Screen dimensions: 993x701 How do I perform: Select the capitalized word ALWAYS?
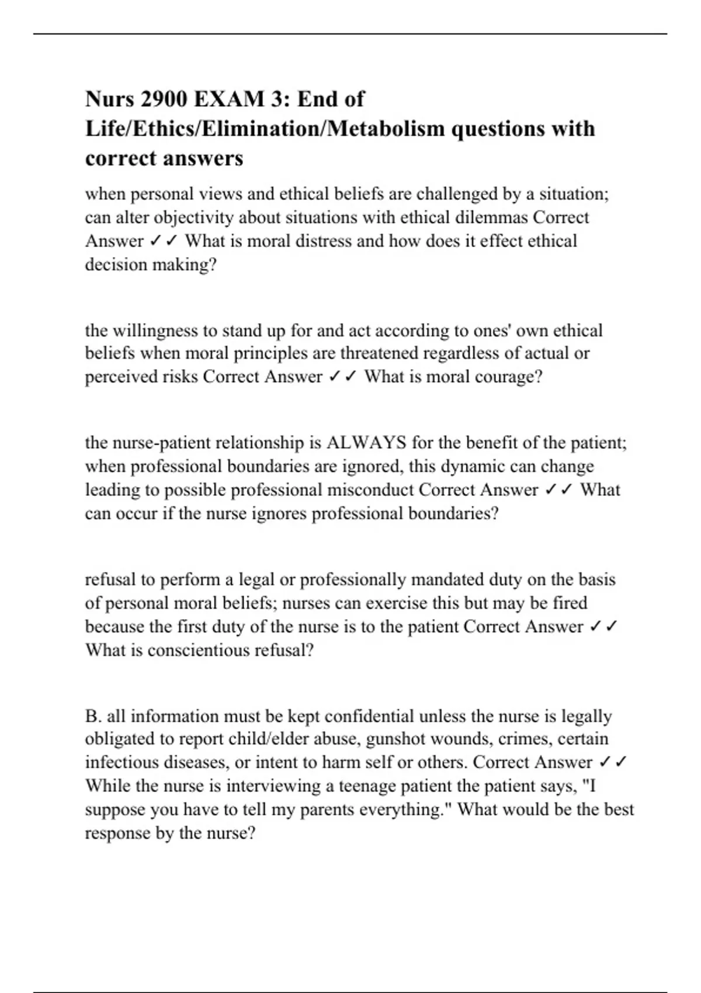click(366, 443)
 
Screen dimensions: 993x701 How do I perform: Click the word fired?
click(570, 603)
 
